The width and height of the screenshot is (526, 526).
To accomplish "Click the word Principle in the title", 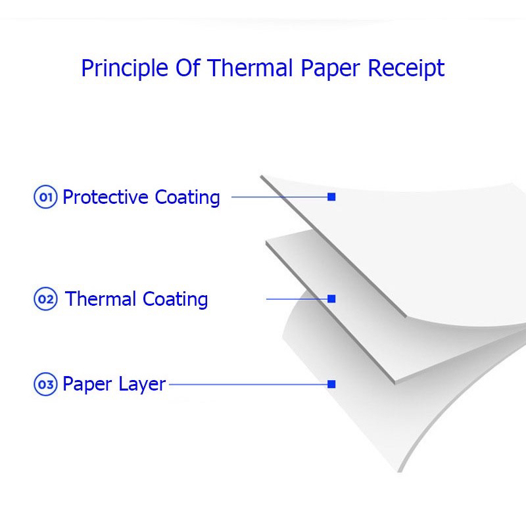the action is [124, 69].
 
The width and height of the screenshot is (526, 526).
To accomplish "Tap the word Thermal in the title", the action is [250, 68].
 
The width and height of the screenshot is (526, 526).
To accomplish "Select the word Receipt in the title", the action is [406, 69].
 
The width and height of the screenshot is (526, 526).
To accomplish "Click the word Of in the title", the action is [188, 68].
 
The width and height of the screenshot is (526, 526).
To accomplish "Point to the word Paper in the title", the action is [331, 69].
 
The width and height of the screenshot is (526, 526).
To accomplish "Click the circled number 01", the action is [45, 197].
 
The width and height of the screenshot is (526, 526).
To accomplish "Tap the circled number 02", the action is [45, 299].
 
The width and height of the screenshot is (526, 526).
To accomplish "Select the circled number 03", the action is [45, 384].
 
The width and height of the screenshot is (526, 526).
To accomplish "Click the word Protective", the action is [105, 197].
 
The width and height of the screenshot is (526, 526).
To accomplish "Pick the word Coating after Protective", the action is [187, 198].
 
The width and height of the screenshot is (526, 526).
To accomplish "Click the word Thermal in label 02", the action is [101, 299].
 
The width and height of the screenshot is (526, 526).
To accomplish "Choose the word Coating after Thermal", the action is [175, 300].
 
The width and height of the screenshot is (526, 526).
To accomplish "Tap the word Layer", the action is [142, 385].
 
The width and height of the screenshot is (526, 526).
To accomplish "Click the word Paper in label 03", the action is [87, 385].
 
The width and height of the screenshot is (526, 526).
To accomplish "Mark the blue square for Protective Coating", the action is [331, 197].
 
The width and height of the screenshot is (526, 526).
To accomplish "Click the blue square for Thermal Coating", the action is [331, 299].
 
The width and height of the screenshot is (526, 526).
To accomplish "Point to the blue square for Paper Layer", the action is [331, 384].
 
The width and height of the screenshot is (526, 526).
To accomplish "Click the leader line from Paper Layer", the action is [249, 385].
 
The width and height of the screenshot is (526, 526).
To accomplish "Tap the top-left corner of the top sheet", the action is [261, 176].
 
